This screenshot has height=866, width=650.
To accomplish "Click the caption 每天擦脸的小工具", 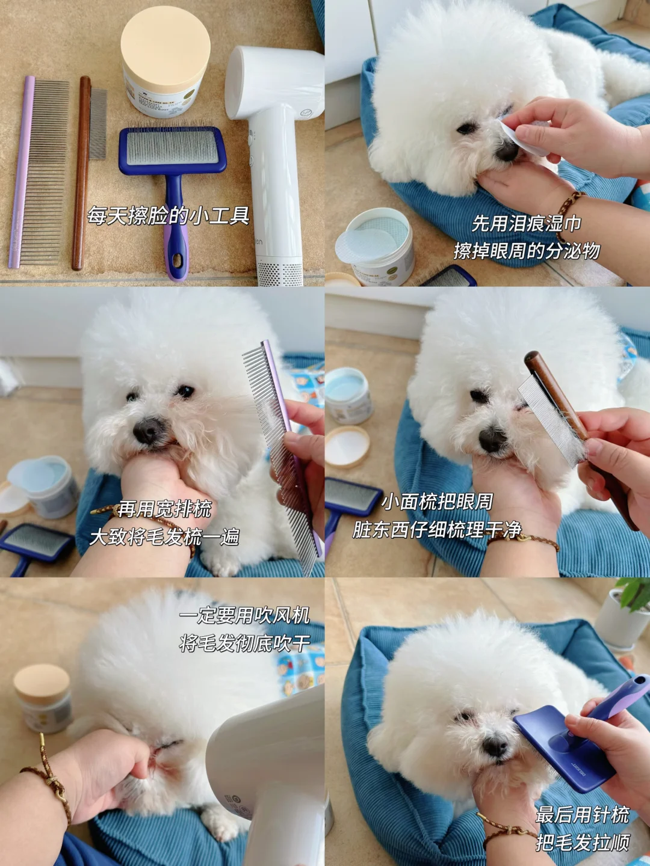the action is (x=168, y=215).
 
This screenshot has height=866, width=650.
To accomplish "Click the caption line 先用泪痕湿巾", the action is (x=527, y=224).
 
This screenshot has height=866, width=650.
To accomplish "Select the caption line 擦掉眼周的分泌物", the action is (x=527, y=251).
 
